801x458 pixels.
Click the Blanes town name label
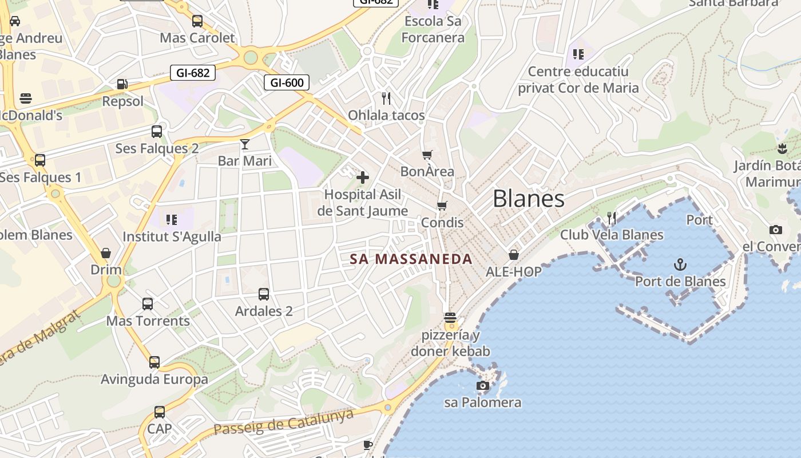[528, 199]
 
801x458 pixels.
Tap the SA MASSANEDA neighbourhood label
[411, 259]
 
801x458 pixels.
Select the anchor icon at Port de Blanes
[680, 264]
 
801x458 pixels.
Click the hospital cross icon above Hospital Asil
[363, 177]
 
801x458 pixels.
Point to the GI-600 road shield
[287, 82]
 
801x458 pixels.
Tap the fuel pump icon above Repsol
[122, 84]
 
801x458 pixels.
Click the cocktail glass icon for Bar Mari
[245, 144]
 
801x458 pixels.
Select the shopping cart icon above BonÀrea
[427, 155]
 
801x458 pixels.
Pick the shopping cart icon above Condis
[442, 205]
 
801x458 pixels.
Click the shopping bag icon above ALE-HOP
[514, 254]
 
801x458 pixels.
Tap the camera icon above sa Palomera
[483, 385]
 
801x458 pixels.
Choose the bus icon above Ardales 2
[264, 294]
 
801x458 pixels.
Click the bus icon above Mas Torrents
[148, 304]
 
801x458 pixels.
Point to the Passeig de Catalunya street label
[283, 423]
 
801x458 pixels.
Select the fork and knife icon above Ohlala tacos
[386, 98]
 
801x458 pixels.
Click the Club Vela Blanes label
[612, 235]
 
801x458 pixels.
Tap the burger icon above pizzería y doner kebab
[450, 317]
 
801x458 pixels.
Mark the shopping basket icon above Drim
[106, 252]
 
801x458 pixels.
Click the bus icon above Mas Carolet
[197, 21]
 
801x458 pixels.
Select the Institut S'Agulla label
[172, 236]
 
